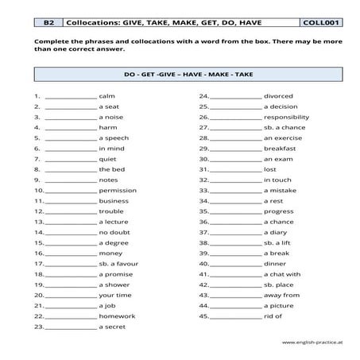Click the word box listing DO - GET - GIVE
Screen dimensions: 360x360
[180, 77]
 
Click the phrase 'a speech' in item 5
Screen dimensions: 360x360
[113, 137]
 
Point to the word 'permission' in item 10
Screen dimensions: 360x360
[118, 190]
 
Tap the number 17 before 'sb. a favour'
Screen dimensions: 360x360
[38, 263]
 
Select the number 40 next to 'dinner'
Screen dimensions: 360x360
[203, 263]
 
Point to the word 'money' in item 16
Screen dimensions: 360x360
[110, 253]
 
